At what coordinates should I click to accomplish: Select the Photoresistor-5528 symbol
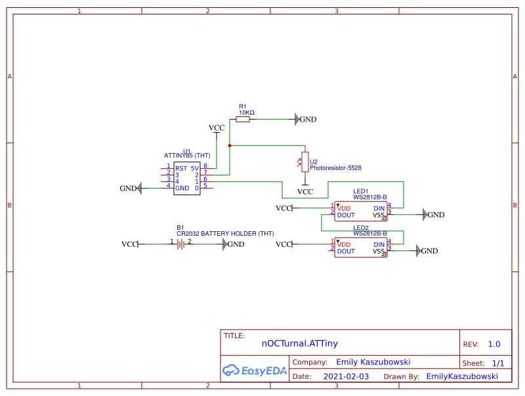(304, 162)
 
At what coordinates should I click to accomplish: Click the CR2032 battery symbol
(180, 244)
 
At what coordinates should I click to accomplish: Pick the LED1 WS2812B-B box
(360, 211)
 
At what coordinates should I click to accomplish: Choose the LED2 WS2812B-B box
(360, 247)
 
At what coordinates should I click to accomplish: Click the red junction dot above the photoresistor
(230, 145)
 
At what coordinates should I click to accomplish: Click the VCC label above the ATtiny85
(217, 127)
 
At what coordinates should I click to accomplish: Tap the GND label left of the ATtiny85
(129, 188)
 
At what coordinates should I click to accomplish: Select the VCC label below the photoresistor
(305, 192)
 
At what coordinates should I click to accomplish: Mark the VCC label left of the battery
(129, 244)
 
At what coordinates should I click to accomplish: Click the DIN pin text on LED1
(379, 208)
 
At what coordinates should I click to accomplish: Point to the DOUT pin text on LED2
(346, 251)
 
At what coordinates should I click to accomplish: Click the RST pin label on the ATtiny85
(180, 169)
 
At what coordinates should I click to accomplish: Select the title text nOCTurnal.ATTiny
(299, 343)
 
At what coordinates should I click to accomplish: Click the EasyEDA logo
(255, 370)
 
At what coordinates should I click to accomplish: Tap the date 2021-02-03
(346, 376)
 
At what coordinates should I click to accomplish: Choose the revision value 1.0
(493, 343)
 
